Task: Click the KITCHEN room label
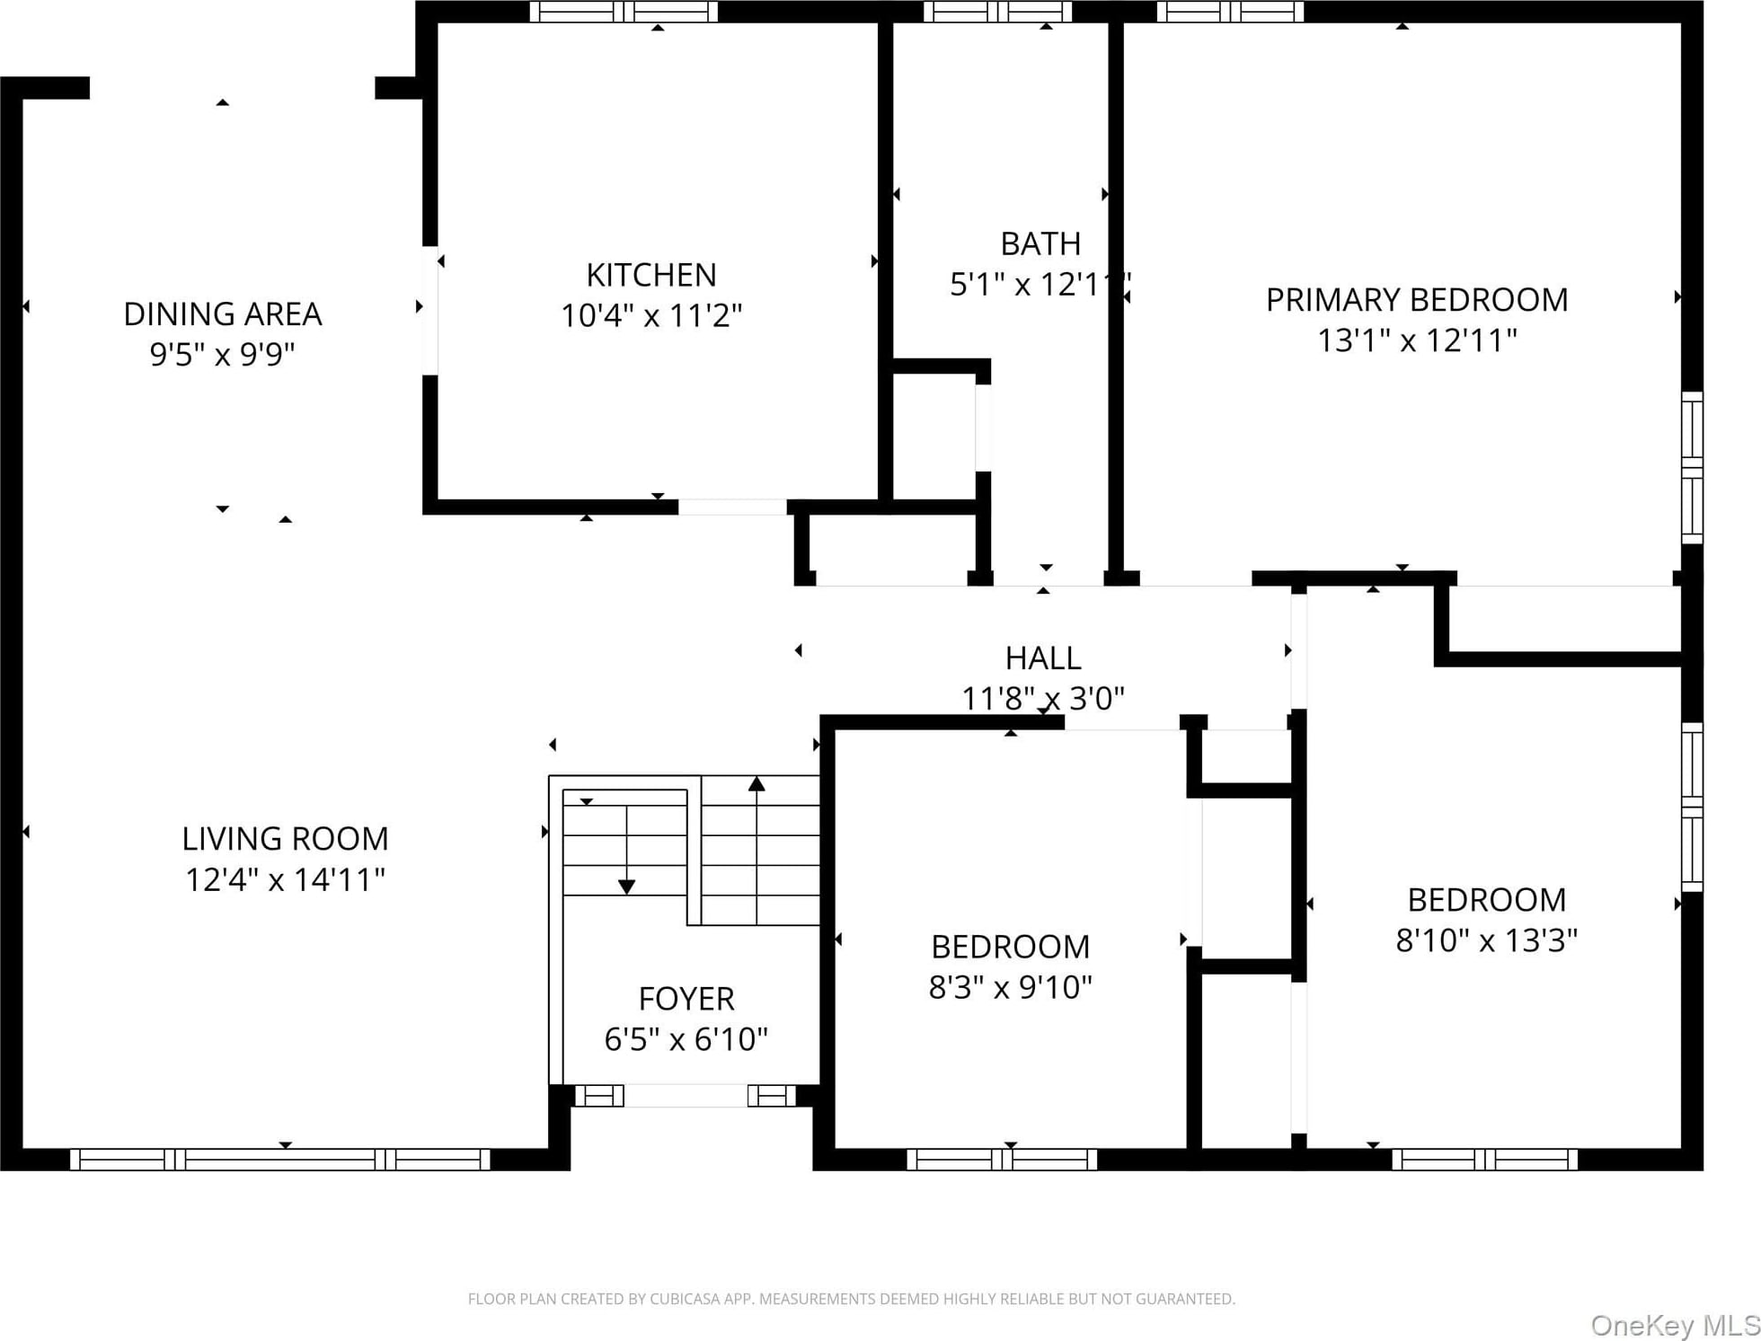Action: (651, 275)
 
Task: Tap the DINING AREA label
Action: (222, 314)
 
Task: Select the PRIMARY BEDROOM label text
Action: (1417, 300)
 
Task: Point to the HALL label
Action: (1042, 658)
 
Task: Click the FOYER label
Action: (686, 999)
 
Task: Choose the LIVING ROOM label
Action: (285, 839)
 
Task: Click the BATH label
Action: (1040, 244)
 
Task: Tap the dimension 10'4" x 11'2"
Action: (651, 316)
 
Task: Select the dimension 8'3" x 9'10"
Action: (1010, 987)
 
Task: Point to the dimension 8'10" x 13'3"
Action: (1486, 940)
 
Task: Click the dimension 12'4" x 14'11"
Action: (285, 879)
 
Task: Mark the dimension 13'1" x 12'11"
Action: (1417, 340)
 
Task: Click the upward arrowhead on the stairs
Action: (757, 784)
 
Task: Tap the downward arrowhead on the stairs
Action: (627, 887)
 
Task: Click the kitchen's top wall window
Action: (624, 12)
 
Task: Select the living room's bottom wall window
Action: (280, 1160)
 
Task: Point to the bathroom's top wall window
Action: (997, 12)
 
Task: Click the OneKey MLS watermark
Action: (1675, 1325)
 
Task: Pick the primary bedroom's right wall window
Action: (1693, 468)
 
